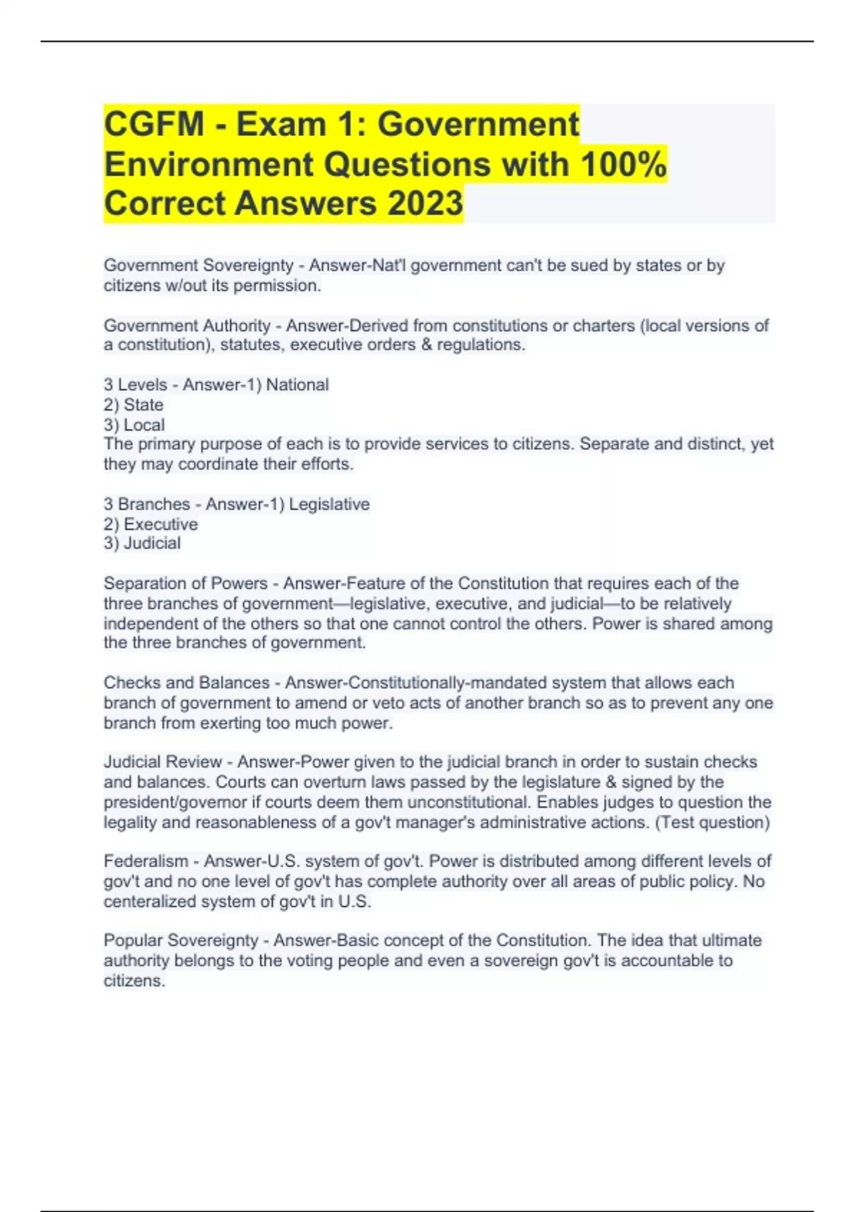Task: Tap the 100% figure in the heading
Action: tap(623, 164)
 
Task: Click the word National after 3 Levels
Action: tap(297, 385)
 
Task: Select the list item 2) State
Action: tap(134, 405)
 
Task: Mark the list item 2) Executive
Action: tap(151, 524)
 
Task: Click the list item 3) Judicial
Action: tap(142, 543)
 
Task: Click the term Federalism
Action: tap(146, 861)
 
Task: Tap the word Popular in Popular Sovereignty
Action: tap(133, 940)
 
